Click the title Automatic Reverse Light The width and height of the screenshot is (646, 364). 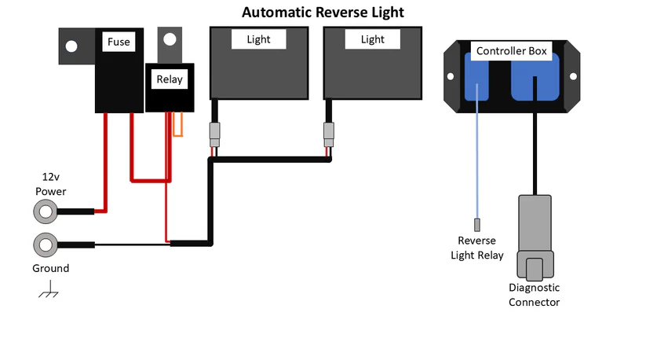(x=323, y=13)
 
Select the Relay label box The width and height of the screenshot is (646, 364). (x=170, y=79)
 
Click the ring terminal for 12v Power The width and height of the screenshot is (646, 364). (x=45, y=211)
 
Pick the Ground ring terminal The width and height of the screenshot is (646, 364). (x=45, y=245)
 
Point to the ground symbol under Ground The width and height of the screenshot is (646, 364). (x=49, y=293)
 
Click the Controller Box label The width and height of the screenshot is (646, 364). (x=512, y=51)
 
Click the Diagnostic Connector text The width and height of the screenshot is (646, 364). (x=534, y=295)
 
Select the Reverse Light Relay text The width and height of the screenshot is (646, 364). (x=477, y=248)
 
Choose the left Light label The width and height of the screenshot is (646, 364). (x=258, y=39)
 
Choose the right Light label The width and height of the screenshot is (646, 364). (x=373, y=39)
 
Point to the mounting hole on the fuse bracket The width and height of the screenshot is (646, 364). (x=71, y=46)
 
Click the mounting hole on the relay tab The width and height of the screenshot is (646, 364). (x=169, y=39)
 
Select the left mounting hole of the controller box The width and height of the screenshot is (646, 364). (x=451, y=76)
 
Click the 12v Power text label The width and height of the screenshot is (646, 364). (x=50, y=184)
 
